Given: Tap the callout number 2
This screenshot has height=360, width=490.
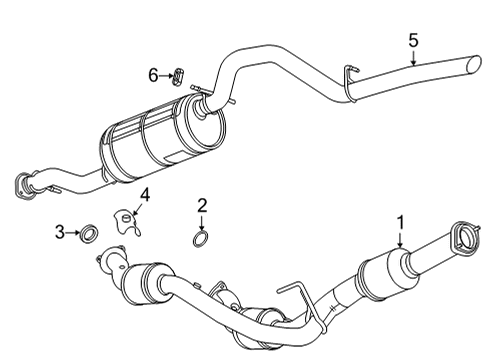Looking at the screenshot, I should point(202,206).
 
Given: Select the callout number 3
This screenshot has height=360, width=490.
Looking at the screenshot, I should point(60,233).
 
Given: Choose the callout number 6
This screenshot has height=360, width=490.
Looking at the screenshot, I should point(153,74).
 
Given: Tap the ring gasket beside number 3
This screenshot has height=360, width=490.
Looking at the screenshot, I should point(88,234).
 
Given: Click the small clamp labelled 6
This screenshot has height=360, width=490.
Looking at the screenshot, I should point(180,75).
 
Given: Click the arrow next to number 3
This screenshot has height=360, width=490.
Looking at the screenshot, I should point(73,233).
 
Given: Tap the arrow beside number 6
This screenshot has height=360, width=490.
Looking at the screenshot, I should point(166,75).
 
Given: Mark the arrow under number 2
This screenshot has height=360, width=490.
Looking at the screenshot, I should point(202,222).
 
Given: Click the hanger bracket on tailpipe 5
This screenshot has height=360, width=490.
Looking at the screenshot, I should point(350,80).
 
